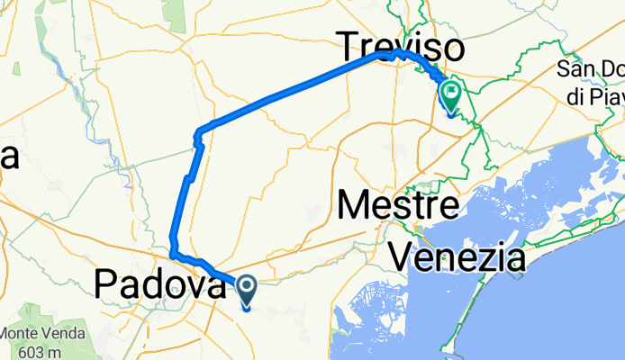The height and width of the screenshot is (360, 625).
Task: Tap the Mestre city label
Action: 399,205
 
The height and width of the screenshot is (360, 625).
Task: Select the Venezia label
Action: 457,259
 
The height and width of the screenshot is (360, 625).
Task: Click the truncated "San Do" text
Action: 591,69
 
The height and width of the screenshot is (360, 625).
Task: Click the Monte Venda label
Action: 43,332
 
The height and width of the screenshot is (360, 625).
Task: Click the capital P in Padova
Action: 105,286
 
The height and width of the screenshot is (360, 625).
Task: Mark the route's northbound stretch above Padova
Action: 183,202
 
